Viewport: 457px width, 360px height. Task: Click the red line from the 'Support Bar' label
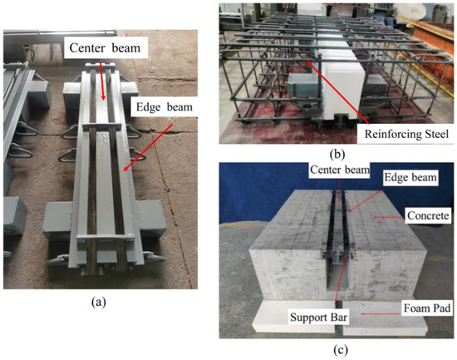[x=331, y=299]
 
